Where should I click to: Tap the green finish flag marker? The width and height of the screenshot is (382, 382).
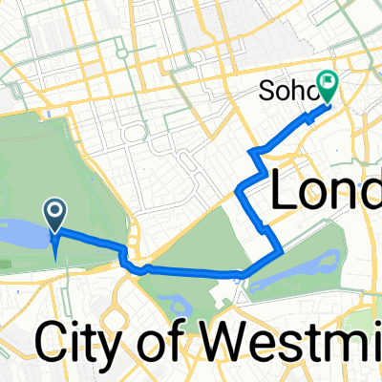point(329,89)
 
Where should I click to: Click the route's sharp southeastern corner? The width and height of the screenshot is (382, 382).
point(280,252)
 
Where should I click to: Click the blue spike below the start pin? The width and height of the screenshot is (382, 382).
point(54,250)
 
